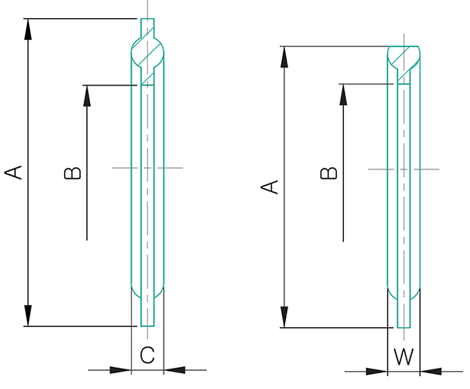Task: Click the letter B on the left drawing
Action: pyautogui.click(x=72, y=172)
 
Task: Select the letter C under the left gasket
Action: pyautogui.click(x=146, y=354)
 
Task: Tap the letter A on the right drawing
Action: pyautogui.click(x=269, y=187)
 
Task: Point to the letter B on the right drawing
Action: pyautogui.click(x=330, y=172)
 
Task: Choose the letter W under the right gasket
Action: pyautogui.click(x=403, y=356)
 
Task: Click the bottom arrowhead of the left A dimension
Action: pyautogui.click(x=29, y=316)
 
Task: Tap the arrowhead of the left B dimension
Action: pyautogui.click(x=86, y=93)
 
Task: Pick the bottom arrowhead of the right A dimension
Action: pyautogui.click(x=285, y=318)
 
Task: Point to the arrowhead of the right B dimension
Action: pyautogui.click(x=343, y=92)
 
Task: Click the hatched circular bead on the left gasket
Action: pyautogui.click(x=147, y=54)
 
